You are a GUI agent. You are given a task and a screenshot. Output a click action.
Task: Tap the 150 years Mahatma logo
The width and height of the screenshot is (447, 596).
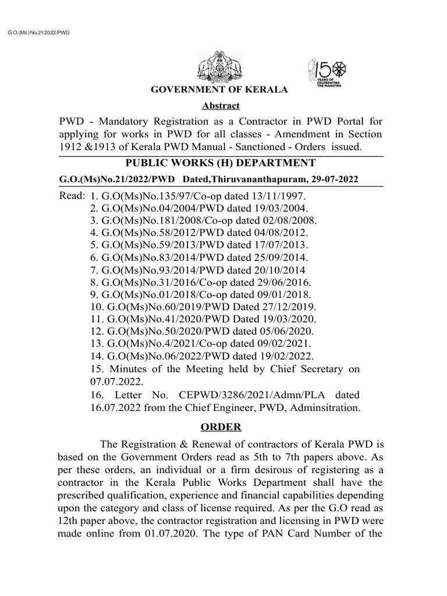325,76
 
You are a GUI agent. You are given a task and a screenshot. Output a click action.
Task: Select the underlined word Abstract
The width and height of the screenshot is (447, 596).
220,106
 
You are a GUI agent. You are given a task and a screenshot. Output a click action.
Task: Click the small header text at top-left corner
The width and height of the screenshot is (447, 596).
38,33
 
